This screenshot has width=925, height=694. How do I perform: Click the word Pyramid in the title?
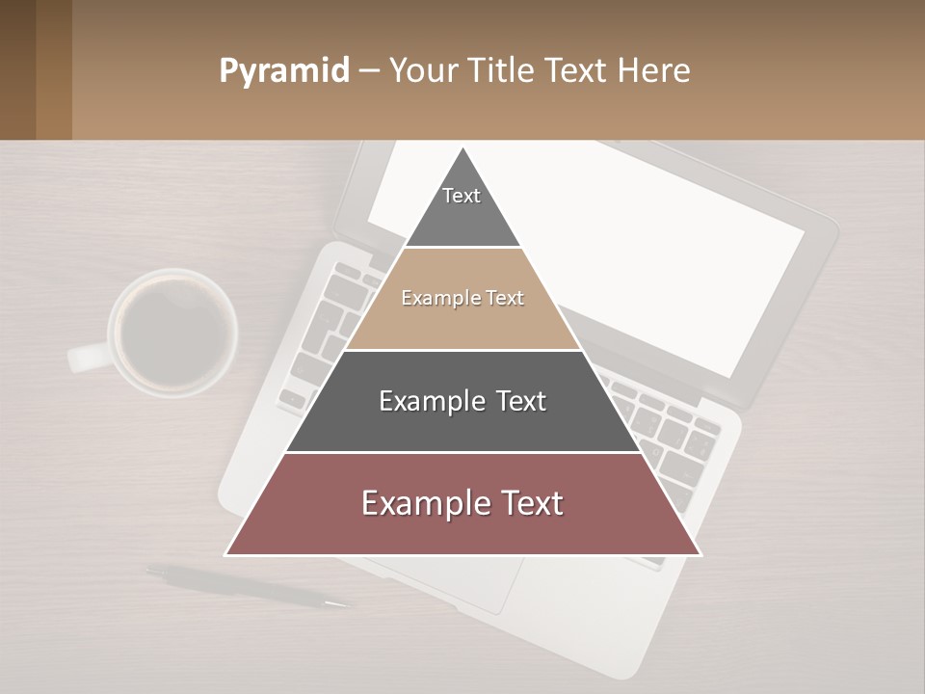pos(283,71)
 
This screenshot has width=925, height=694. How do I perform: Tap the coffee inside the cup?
pos(173,332)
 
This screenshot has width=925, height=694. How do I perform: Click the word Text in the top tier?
pos(462,196)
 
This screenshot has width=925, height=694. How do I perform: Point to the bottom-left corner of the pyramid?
pos(226,554)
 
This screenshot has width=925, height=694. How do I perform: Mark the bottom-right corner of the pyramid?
pos(700,554)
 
